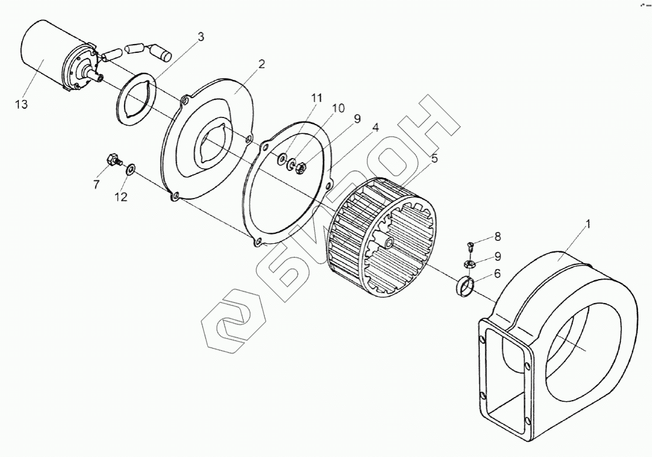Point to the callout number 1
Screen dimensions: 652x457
click(588, 224)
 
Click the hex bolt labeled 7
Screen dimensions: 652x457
click(112, 159)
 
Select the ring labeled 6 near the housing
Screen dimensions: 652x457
click(465, 288)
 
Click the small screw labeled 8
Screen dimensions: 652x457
click(470, 246)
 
